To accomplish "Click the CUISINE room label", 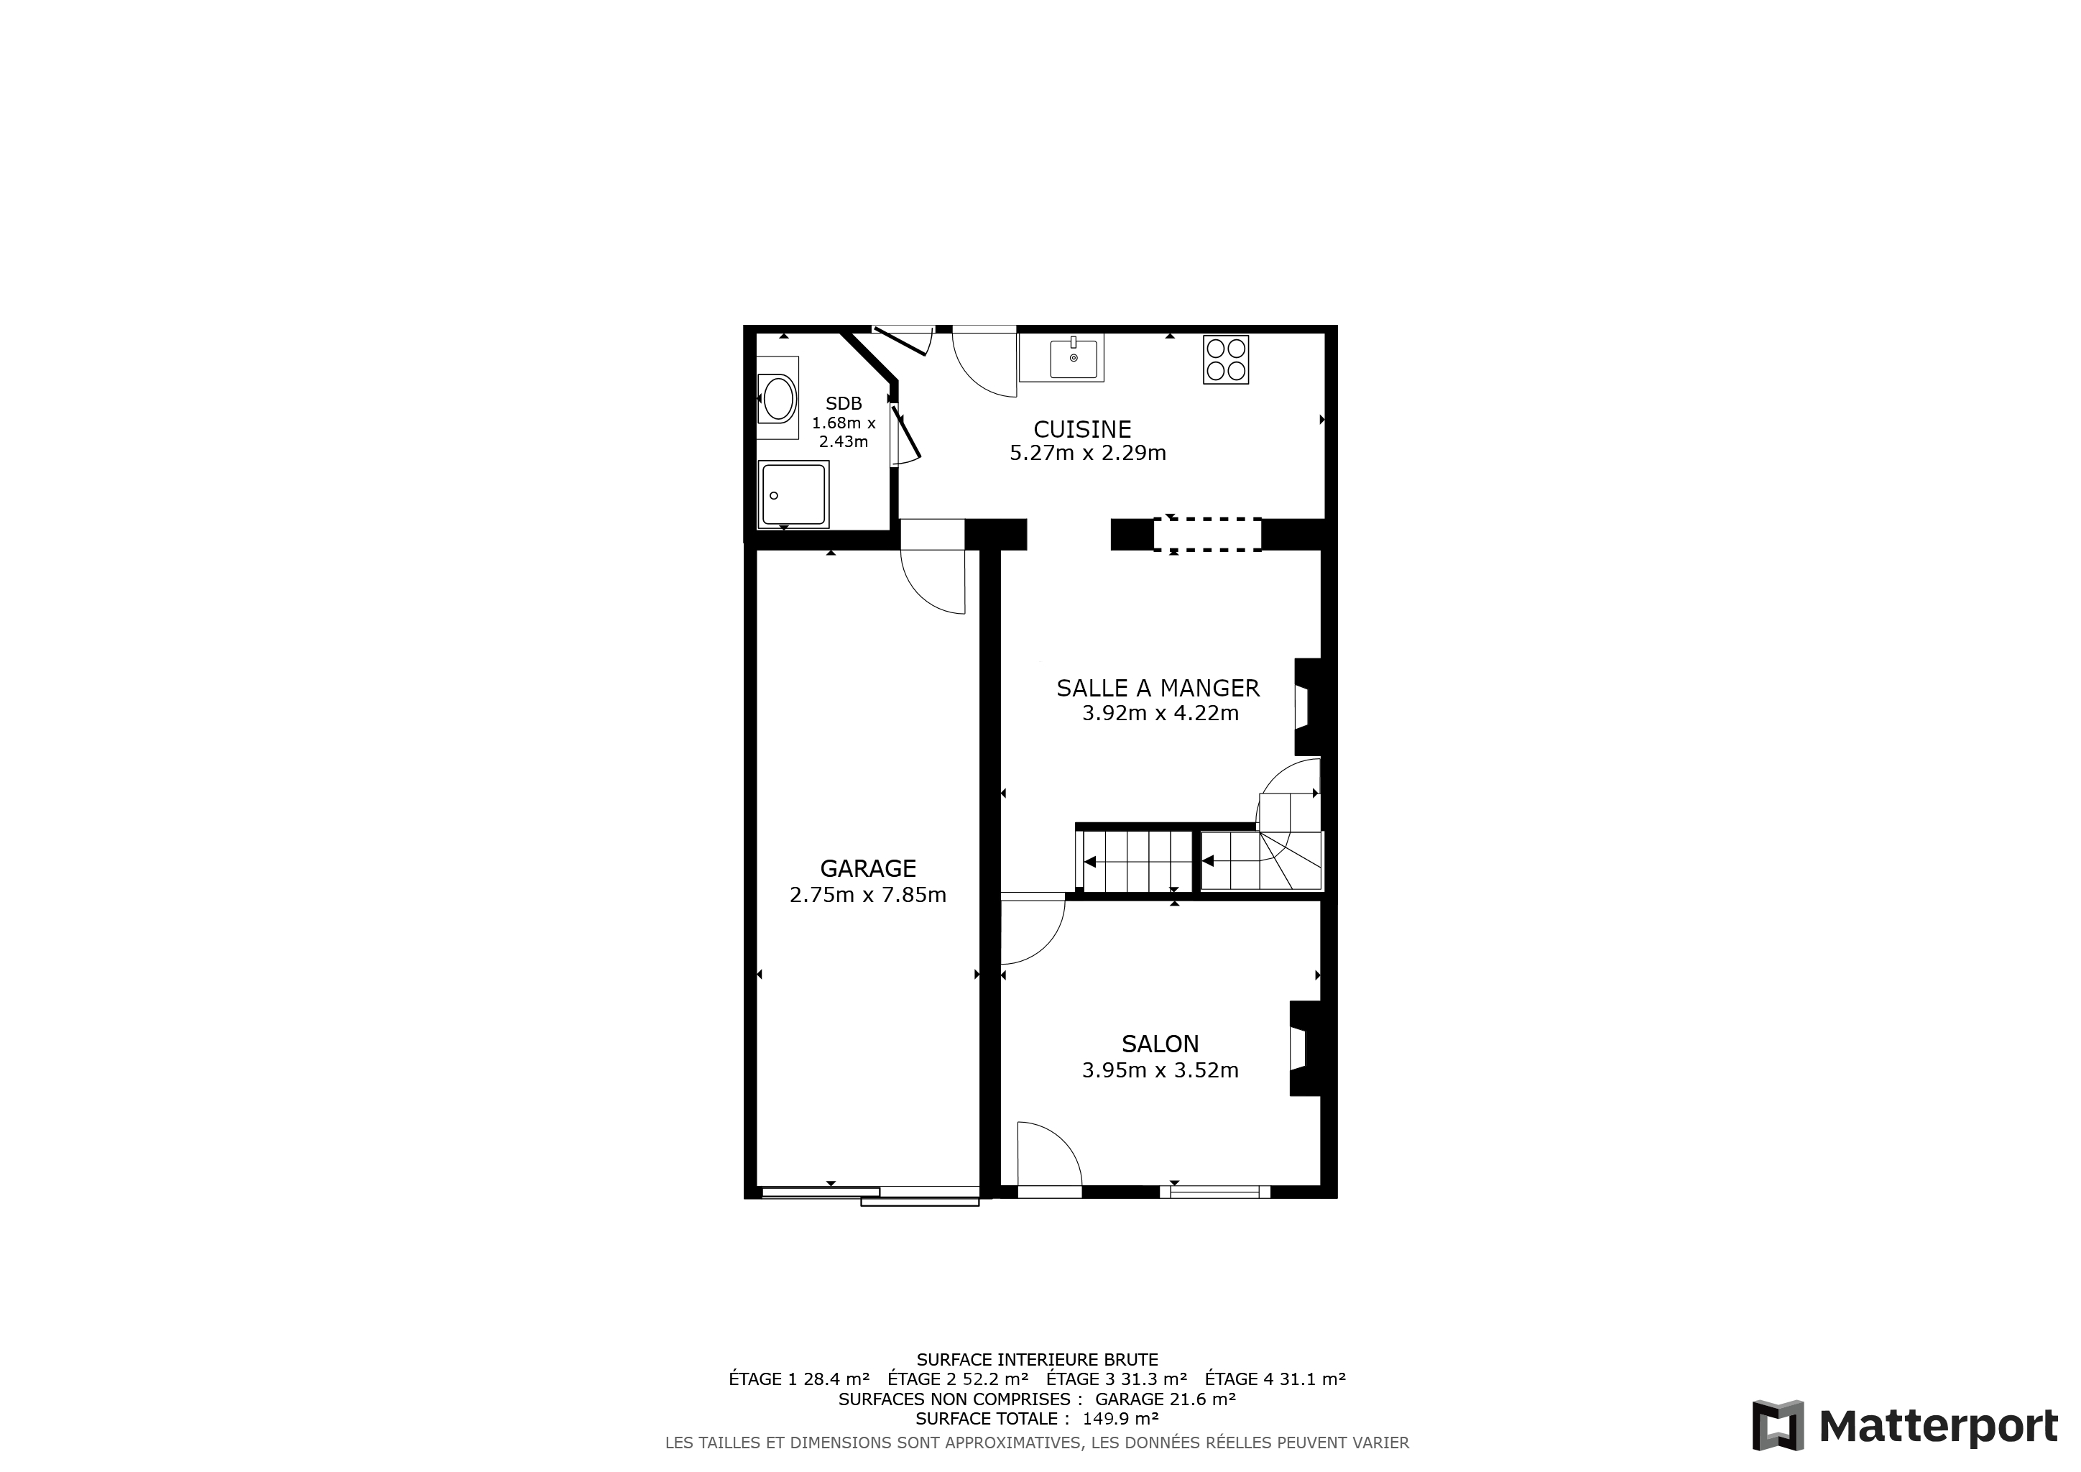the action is (1082, 430).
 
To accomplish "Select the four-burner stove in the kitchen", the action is (1227, 359).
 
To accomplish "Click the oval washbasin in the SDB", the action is (778, 398).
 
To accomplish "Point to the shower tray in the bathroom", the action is (794, 494).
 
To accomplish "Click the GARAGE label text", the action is (868, 868).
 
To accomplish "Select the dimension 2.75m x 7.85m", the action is (868, 896).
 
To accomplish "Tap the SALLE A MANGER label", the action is (1158, 689).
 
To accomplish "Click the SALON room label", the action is (1160, 1044).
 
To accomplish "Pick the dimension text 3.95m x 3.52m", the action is (1160, 1070).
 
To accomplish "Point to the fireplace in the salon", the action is (1304, 1049).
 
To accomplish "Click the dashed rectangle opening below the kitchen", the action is (1207, 535).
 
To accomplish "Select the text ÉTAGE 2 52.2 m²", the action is (958, 1379).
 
